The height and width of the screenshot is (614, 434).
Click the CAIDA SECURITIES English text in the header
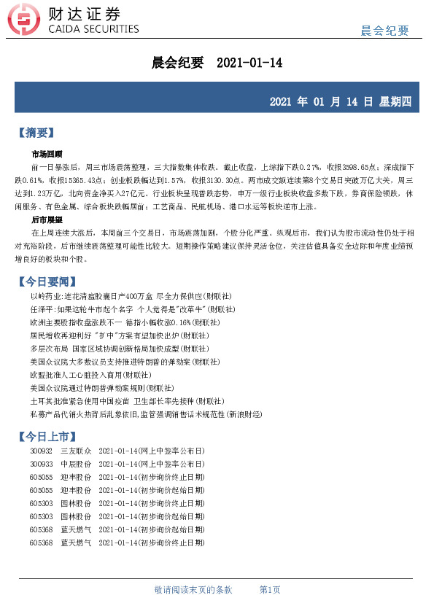pos(93,29)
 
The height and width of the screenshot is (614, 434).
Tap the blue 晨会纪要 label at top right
pos(384,30)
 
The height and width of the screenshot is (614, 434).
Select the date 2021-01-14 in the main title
pos(249,63)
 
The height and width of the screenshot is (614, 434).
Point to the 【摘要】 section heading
pos(36,133)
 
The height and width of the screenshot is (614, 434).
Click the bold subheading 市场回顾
pos(47,155)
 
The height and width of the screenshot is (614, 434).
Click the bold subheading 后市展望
pos(47,219)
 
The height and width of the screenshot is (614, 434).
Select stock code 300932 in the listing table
pos(41,452)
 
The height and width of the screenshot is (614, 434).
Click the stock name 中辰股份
pos(76,464)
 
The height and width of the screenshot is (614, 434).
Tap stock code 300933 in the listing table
pos(41,464)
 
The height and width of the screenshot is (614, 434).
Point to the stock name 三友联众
pos(76,452)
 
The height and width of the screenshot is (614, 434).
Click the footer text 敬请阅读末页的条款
pos(193,589)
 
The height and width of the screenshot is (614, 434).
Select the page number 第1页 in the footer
pos(270,589)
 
